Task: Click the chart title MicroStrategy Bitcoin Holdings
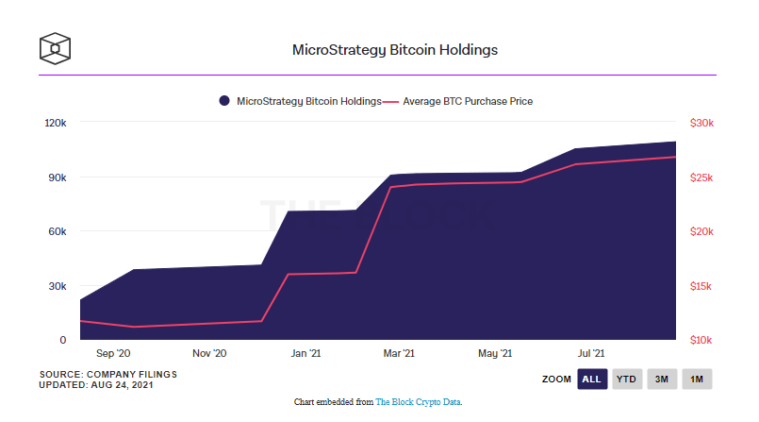pyautogui.click(x=394, y=50)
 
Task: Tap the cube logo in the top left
pyautogui.click(x=55, y=48)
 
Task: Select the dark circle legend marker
pyautogui.click(x=224, y=101)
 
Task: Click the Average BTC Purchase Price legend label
pyautogui.click(x=468, y=101)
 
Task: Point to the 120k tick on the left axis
pyautogui.click(x=56, y=123)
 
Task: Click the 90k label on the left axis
pyautogui.click(x=58, y=177)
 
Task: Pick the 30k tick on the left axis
pyautogui.click(x=58, y=286)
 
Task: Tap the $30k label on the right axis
pyautogui.click(x=701, y=123)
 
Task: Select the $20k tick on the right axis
pyautogui.click(x=701, y=231)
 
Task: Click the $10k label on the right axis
pyautogui.click(x=701, y=340)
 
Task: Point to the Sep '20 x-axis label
pyautogui.click(x=113, y=353)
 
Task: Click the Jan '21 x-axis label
pyautogui.click(x=305, y=353)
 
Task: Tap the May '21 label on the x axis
pyautogui.click(x=495, y=353)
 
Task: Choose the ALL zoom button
pyautogui.click(x=592, y=379)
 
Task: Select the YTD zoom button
pyautogui.click(x=627, y=379)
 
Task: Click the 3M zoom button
pyautogui.click(x=662, y=379)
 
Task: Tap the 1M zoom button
pyautogui.click(x=697, y=379)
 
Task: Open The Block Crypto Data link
pyautogui.click(x=418, y=401)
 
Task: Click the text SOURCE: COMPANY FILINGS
pyautogui.click(x=107, y=375)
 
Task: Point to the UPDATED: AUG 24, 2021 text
pyautogui.click(x=96, y=385)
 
